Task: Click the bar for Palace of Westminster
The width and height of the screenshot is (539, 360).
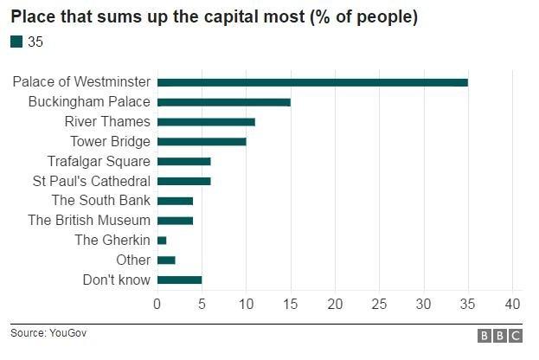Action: point(312,82)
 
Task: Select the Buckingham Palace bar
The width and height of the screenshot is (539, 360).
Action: point(223,102)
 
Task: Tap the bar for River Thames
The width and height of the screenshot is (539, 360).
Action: point(206,122)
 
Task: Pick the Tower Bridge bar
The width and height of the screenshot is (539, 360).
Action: point(202,142)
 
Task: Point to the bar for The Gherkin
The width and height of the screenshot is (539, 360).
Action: point(162,241)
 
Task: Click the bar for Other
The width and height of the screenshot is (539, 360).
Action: point(166,260)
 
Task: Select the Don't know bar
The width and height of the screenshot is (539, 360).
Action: point(179,280)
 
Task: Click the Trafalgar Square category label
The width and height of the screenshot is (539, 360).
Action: point(99,162)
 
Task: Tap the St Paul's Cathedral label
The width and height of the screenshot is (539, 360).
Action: point(91,182)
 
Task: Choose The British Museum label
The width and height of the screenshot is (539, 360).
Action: point(89,221)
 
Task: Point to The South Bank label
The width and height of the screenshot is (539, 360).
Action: point(101,201)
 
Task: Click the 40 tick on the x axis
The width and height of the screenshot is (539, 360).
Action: point(512,304)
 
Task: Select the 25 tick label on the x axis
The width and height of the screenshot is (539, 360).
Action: point(379,304)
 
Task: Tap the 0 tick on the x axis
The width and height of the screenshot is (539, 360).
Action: point(157,304)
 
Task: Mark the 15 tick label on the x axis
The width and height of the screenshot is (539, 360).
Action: point(290,304)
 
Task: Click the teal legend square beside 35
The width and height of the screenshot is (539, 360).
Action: point(16,42)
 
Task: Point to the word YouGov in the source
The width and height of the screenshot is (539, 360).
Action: point(69,332)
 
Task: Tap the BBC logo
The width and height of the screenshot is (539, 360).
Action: point(500,336)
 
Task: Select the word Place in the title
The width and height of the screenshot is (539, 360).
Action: point(31,17)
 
